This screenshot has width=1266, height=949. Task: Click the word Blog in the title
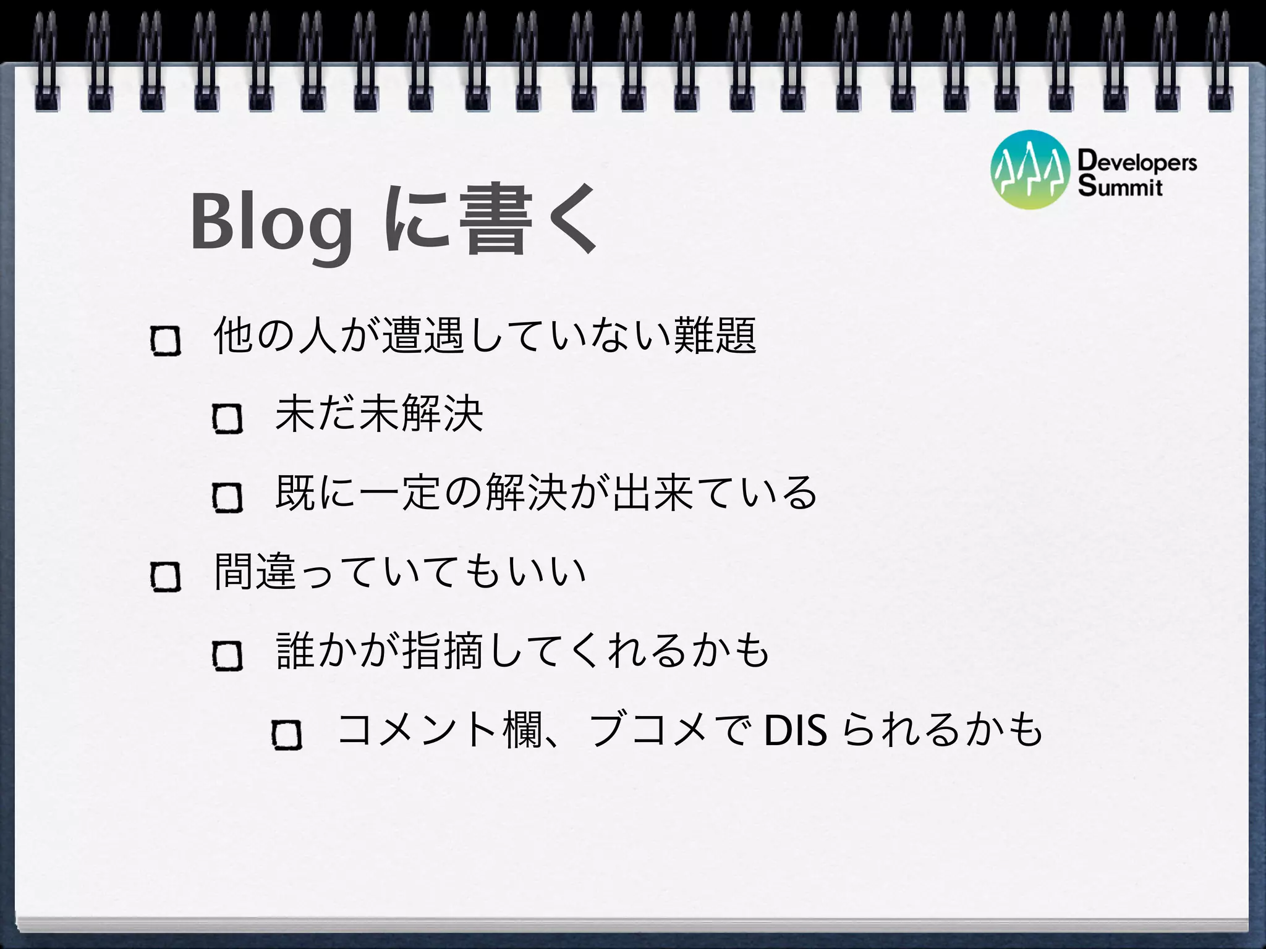272,222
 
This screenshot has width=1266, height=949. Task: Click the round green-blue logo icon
1029,169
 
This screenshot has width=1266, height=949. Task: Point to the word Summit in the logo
1120,186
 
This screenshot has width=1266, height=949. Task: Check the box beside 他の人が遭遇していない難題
166,340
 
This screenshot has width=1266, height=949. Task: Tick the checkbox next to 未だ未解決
227,419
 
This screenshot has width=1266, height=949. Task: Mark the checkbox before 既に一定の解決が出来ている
227,497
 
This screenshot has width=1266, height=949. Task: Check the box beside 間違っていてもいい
166,576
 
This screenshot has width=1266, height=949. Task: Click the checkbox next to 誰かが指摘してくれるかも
227,656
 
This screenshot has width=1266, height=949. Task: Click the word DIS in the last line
795,731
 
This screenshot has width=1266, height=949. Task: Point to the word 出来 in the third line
653,493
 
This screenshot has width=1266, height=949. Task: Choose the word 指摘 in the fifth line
441,651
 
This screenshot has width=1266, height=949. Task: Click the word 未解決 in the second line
420,414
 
